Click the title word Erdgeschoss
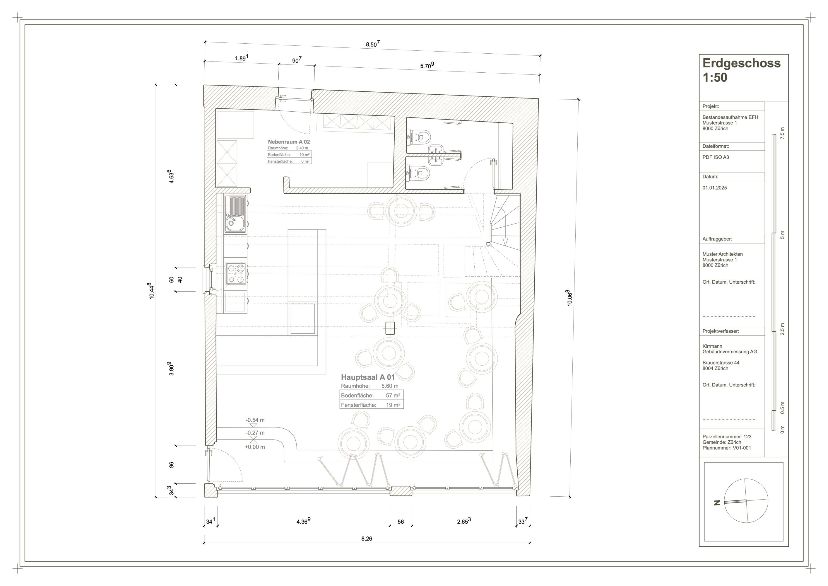coord(741,63)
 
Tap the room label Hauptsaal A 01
coord(368,377)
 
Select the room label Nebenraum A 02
coord(289,142)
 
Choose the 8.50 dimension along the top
coord(372,44)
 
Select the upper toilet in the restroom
coord(419,137)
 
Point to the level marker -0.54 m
coord(255,420)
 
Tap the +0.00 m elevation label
coord(255,447)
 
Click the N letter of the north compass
coord(717,503)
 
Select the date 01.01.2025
coord(714,188)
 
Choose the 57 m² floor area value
coord(393,395)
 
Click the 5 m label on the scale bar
coord(782,235)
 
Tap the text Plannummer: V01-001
coord(727,448)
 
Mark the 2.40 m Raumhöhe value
coord(302,148)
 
